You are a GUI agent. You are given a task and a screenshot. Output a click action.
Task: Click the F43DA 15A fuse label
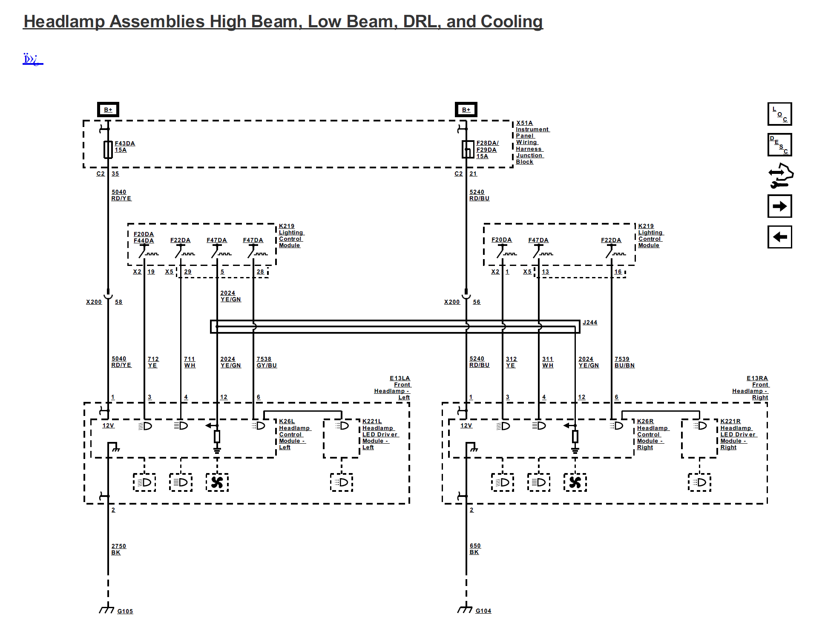(125, 147)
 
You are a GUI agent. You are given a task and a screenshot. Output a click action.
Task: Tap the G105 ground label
(125, 611)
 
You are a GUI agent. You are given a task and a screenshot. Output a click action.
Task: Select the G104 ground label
(483, 611)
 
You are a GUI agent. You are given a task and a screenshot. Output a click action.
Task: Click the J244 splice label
(590, 322)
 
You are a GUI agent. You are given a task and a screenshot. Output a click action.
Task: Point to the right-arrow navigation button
(779, 206)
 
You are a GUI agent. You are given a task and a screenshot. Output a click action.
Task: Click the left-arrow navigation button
(779, 237)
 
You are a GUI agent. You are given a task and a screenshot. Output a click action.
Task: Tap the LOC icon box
(779, 114)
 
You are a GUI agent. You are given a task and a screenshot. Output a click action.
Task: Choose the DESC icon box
(779, 144)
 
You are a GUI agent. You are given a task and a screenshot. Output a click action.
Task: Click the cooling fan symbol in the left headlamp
(217, 482)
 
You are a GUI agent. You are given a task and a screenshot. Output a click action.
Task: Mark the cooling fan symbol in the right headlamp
(575, 482)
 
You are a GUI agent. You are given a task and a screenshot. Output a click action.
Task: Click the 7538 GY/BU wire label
(267, 362)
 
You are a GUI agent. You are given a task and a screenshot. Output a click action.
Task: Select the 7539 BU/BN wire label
(624, 362)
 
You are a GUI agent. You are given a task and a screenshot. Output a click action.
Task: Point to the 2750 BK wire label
(119, 549)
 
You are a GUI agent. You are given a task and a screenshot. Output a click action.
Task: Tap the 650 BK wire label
(475, 549)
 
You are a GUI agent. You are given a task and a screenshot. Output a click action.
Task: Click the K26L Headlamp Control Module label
(294, 434)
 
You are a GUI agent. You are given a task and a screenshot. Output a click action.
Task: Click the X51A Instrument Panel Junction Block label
(532, 142)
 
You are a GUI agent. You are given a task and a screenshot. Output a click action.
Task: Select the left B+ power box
(108, 110)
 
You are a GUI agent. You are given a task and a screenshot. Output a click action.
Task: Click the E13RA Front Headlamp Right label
(750, 388)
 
